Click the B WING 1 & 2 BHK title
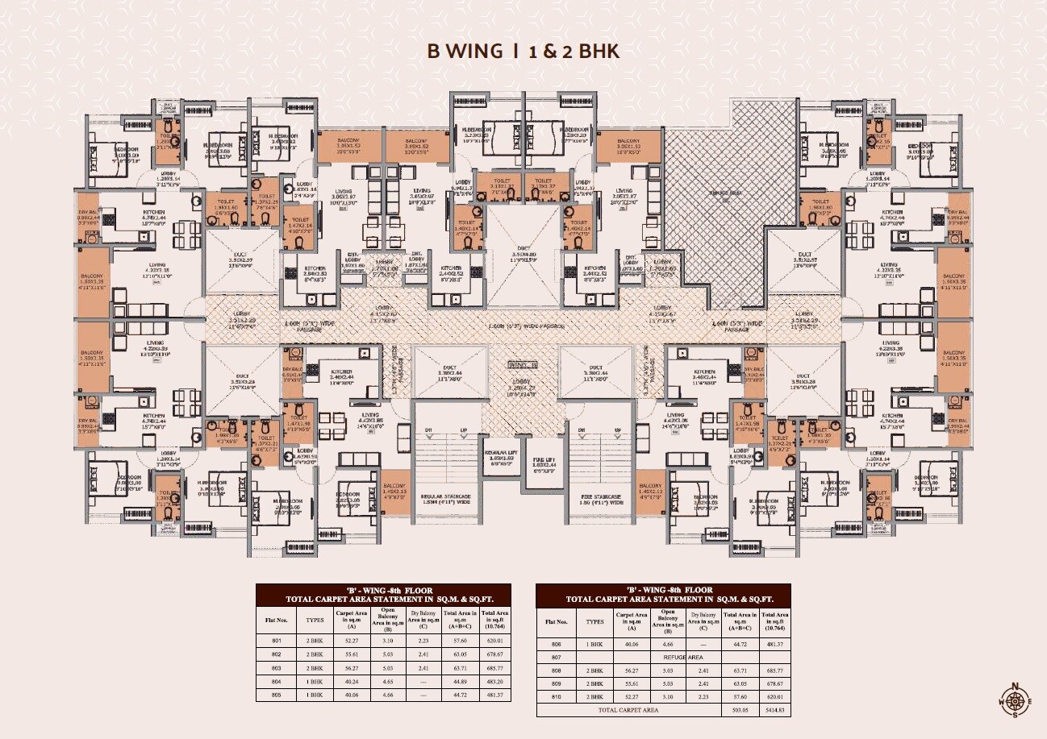click(x=523, y=52)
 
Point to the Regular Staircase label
click(x=447, y=497)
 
